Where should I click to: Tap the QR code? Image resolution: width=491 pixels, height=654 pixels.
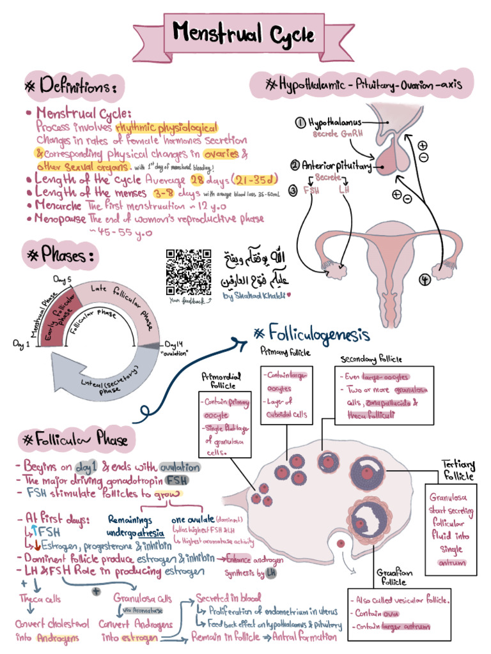point(189,271)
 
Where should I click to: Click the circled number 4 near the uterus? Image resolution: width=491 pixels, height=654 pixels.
point(423,279)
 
